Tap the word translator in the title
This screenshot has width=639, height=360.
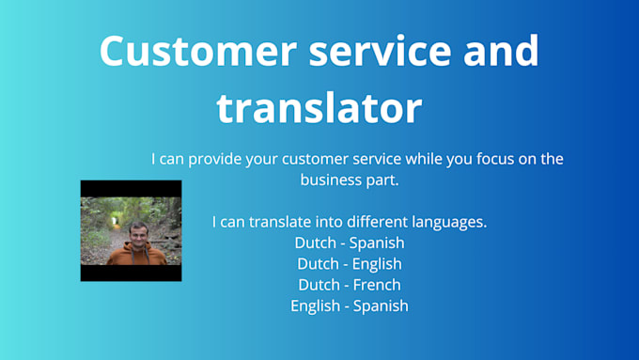(x=319, y=108)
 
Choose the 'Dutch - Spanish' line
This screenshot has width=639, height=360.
(x=349, y=243)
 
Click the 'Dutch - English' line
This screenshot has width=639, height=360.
(x=349, y=263)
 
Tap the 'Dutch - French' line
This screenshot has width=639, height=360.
(x=349, y=284)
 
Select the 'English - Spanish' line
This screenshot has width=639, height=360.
(x=349, y=305)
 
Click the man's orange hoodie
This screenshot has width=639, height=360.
(x=136, y=255)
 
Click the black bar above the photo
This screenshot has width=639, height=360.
(x=131, y=188)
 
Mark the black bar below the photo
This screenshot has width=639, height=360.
(x=131, y=273)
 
